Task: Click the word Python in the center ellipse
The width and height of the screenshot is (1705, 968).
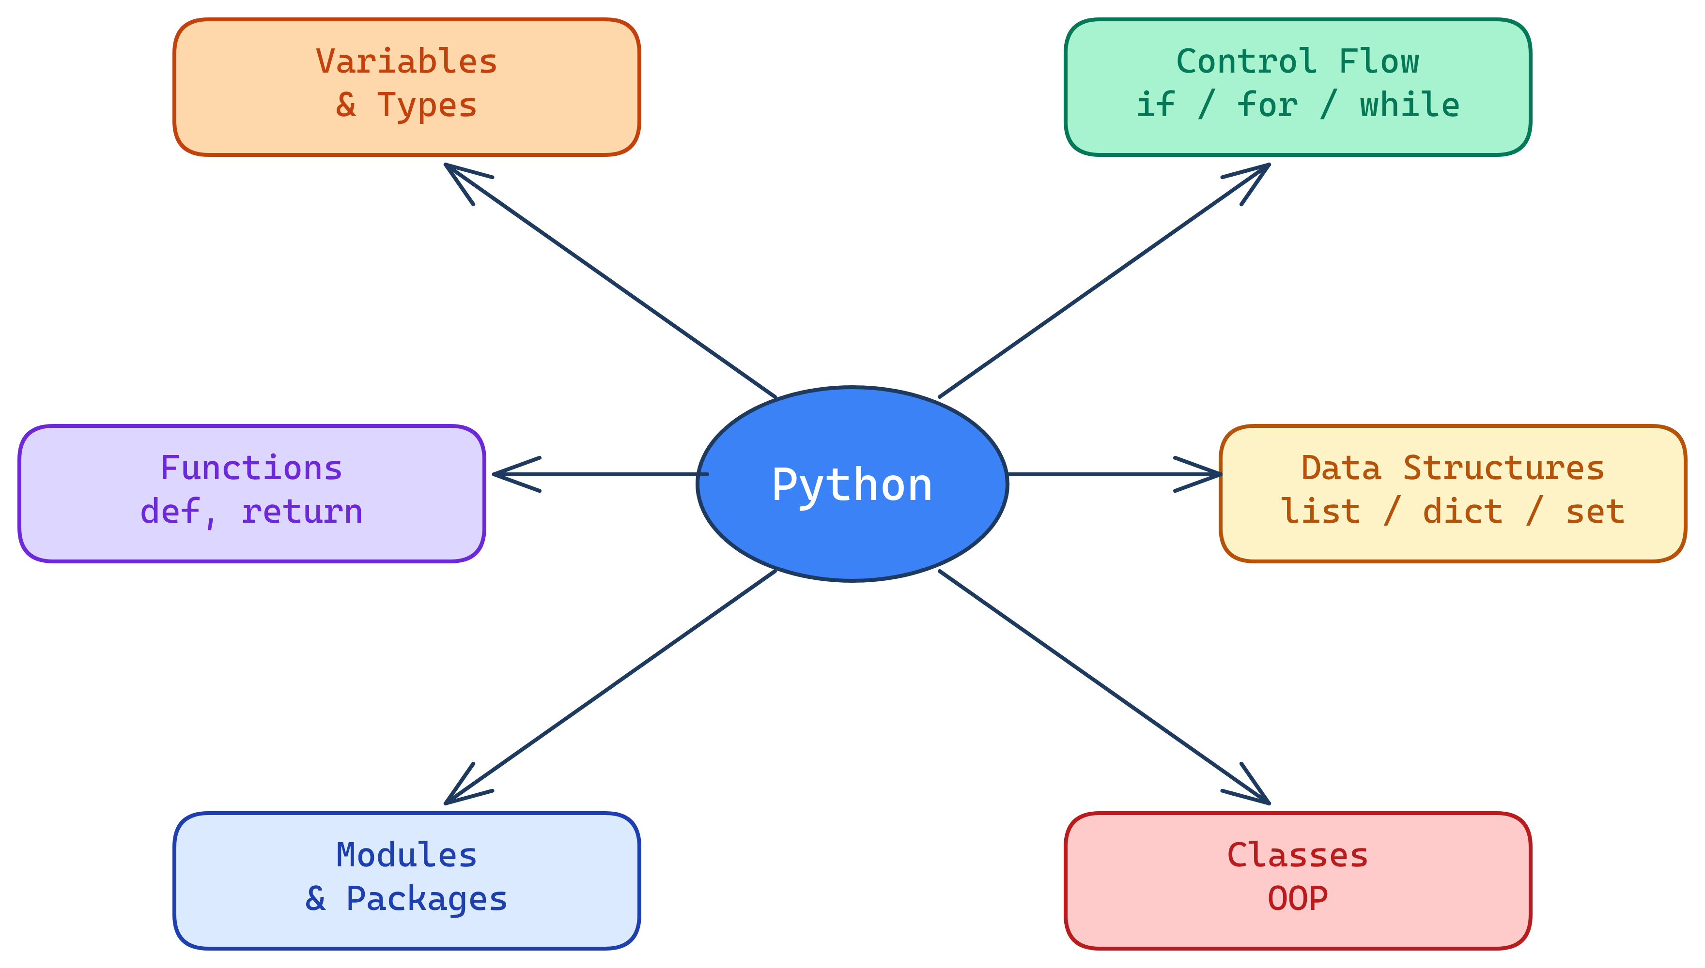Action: coord(852,485)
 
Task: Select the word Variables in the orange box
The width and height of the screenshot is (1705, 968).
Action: coord(406,62)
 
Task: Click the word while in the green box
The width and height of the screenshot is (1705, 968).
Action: coord(1409,106)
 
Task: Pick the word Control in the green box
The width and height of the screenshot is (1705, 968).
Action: coord(1246,62)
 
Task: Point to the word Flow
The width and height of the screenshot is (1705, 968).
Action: coord(1379,62)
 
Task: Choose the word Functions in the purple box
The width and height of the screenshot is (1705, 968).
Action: coord(251,469)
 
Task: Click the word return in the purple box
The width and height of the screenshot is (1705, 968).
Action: coord(302,513)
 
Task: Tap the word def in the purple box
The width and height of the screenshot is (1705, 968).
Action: coord(170,513)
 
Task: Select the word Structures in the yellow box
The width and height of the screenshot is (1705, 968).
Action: coord(1503,469)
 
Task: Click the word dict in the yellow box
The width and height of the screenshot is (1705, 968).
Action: coord(1462,513)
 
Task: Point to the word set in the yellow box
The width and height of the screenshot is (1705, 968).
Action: coord(1595,513)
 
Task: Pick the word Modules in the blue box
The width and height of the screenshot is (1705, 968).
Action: coord(406,856)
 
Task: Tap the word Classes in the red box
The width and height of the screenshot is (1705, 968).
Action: coord(1297,856)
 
